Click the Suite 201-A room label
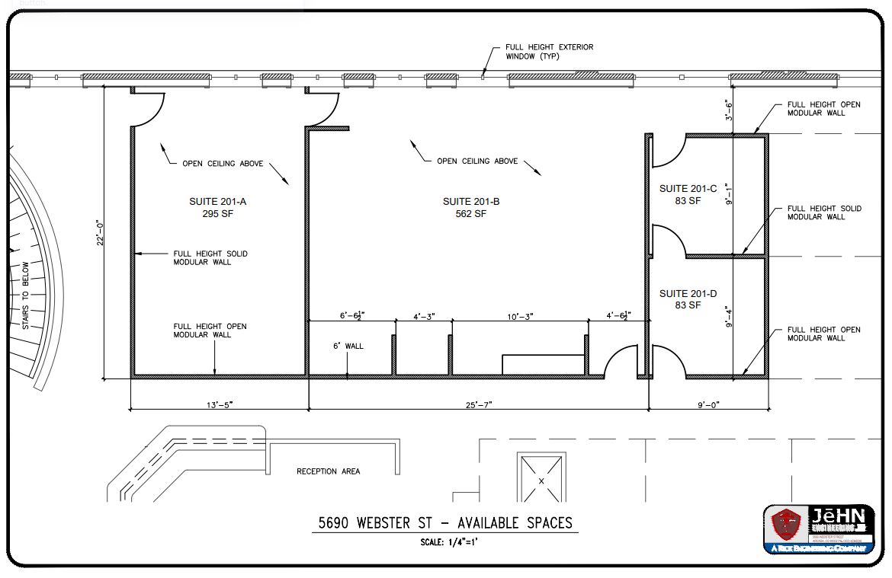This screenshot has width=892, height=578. (217, 202)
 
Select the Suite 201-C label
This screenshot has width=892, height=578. (688, 189)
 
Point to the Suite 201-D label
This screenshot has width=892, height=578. (688, 294)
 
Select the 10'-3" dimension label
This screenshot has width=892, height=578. (518, 315)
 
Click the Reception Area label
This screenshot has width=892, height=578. (328, 471)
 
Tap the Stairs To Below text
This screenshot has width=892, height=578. (25, 296)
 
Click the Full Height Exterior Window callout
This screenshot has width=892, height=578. (549, 51)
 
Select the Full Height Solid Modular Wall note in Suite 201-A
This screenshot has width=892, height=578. (210, 257)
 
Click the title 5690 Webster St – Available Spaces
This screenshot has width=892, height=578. (445, 524)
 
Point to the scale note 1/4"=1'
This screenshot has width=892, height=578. (448, 543)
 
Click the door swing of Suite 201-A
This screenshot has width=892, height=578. (149, 109)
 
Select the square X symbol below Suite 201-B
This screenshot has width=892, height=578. (541, 480)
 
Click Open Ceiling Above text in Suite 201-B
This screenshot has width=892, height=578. (477, 161)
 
